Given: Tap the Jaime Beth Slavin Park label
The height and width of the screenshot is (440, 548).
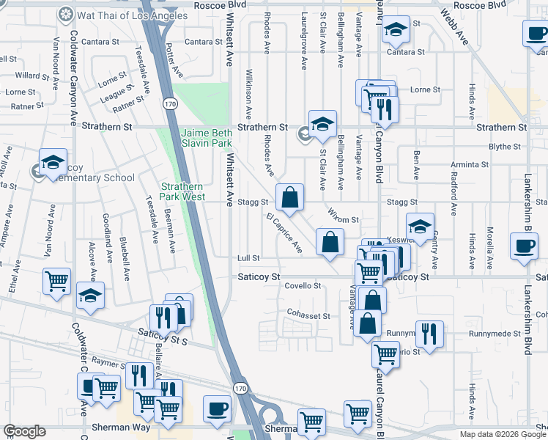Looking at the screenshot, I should click(x=207, y=137).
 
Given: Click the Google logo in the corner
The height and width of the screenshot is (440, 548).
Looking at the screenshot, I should click(x=24, y=431).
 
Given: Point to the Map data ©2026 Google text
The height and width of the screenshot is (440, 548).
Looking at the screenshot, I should click(x=503, y=434).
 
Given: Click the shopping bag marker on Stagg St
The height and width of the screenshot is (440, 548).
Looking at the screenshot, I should click(x=290, y=197).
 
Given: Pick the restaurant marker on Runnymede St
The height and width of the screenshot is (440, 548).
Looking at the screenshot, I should click(x=429, y=333).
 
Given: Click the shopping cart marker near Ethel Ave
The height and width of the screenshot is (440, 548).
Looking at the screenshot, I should click(x=57, y=281).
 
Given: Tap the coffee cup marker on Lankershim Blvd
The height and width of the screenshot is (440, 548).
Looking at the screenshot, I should click(x=524, y=246).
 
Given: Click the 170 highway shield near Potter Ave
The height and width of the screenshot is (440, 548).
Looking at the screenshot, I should click(x=170, y=104).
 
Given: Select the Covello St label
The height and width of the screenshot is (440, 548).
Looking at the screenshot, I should click(x=303, y=286).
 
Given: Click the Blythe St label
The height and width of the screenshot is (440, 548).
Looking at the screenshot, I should click(x=505, y=147).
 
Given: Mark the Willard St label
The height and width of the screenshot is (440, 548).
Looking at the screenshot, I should click(x=32, y=76).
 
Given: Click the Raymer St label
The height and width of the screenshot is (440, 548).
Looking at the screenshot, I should click(x=97, y=362).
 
